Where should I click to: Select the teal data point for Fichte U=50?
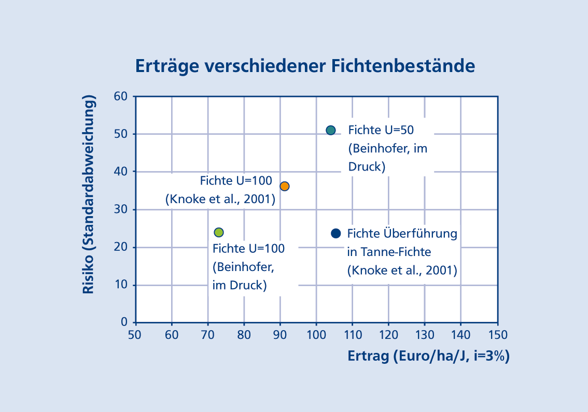pyautogui.click(x=331, y=130)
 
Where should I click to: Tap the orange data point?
pyautogui.click(x=284, y=186)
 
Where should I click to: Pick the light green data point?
pyautogui.click(x=219, y=232)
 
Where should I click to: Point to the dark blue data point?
pyautogui.click(x=335, y=233)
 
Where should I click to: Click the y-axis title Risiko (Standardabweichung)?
pyautogui.click(x=89, y=195)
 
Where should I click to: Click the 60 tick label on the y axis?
pyautogui.click(x=121, y=96)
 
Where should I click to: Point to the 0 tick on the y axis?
pyautogui.click(x=124, y=322)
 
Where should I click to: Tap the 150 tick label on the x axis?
pyautogui.click(x=497, y=334)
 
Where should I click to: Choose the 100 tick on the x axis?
pyautogui.click(x=316, y=334)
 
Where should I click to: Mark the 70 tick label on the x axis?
pyautogui.click(x=207, y=334)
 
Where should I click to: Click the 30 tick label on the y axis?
pyautogui.click(x=121, y=209)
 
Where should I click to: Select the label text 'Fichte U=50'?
pyautogui.click(x=381, y=130)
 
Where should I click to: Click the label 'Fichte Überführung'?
pyautogui.click(x=402, y=233)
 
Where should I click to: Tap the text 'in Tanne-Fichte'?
pyautogui.click(x=389, y=252)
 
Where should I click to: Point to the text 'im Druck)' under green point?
pyautogui.click(x=240, y=285)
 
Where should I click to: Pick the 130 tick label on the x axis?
pyautogui.click(x=425, y=334)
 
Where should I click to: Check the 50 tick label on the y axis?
pyautogui.click(x=121, y=134)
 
